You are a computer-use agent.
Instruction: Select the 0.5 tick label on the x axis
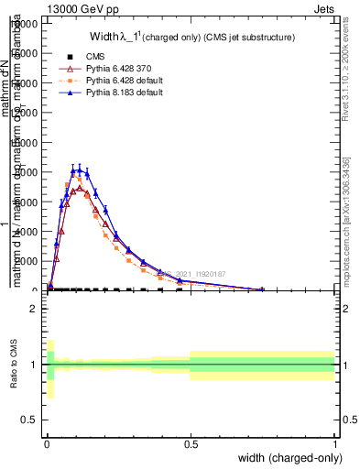(191, 445)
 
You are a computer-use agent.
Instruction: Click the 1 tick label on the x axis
(334, 445)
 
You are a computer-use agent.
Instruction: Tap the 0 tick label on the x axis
(47, 445)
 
